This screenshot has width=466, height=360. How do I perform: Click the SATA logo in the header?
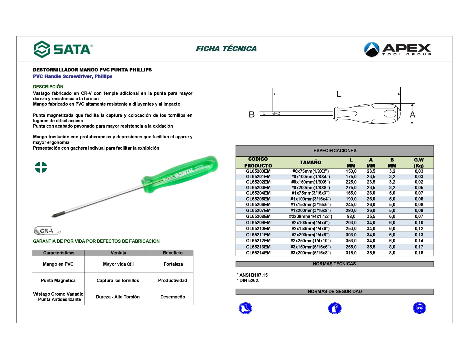pyautogui.click(x=63, y=49)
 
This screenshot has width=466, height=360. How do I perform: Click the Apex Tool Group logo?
pyautogui.click(x=397, y=49)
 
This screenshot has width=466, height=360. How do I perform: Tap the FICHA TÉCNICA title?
pyautogui.click(x=226, y=49)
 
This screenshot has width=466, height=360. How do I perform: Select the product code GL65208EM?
pyautogui.click(x=258, y=217)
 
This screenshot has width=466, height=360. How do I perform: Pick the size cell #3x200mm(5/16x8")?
pyautogui.click(x=310, y=253)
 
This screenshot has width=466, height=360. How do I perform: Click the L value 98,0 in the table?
pyautogui.click(x=351, y=217)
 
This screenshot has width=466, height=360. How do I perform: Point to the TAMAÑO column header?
pyautogui.click(x=310, y=162)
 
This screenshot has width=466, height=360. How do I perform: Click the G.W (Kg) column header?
pyautogui.click(x=419, y=163)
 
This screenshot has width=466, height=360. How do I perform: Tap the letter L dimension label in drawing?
pyautogui.click(x=339, y=94)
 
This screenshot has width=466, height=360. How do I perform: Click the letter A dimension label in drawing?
pyautogui.click(x=412, y=115)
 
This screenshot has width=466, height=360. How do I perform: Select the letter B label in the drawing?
pyautogui.click(x=252, y=114)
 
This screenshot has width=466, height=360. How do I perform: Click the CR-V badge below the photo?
pyautogui.click(x=47, y=231)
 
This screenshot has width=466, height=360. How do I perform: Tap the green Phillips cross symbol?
pyautogui.click(x=41, y=167)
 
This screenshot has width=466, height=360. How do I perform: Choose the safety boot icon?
pyautogui.click(x=245, y=308)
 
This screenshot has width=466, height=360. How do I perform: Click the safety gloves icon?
pyautogui.click(x=335, y=308)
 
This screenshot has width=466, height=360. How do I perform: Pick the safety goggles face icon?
pyautogui.click(x=419, y=308)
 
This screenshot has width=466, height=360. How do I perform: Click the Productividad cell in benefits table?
pyautogui.click(x=173, y=280)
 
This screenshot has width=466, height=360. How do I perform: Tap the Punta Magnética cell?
pyautogui.click(x=58, y=280)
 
